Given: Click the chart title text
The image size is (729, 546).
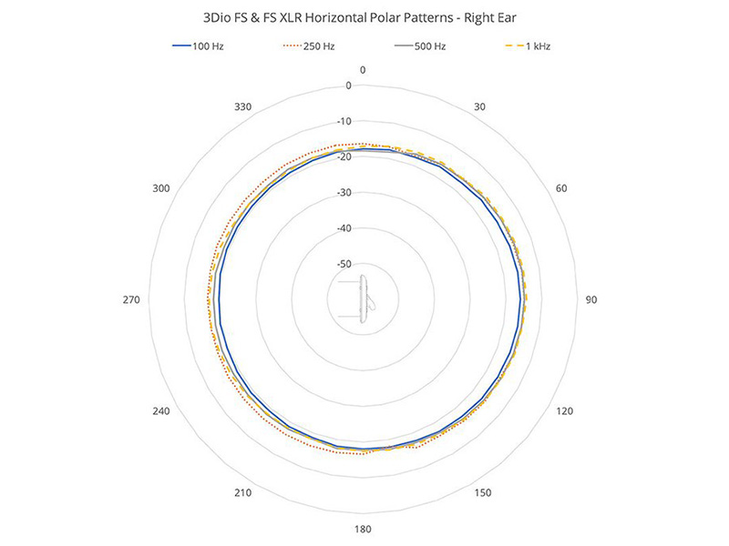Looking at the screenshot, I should tap(364, 17).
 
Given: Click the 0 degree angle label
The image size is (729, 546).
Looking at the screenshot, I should tap(363, 70).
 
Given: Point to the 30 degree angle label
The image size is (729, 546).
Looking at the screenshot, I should tap(480, 106).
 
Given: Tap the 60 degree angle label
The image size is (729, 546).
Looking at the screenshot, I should tap(562, 188).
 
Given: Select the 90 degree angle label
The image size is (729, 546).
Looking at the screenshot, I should tap(590, 299).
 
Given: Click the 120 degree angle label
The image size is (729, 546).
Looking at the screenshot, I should tap(564, 411).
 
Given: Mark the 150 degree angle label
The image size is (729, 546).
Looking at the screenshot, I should tap(483, 493).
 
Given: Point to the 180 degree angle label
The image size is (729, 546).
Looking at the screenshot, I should tap(363, 530).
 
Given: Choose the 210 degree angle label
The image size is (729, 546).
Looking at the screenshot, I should tap(243, 493).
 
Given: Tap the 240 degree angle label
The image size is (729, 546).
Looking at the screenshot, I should tap(161, 411).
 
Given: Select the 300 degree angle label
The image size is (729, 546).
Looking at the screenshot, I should tap(161, 188).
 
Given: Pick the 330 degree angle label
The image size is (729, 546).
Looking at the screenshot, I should tap(243, 106).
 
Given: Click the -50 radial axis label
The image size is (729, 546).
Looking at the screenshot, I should tap(344, 264).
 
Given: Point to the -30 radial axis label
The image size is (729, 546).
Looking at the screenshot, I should tap(344, 193).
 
